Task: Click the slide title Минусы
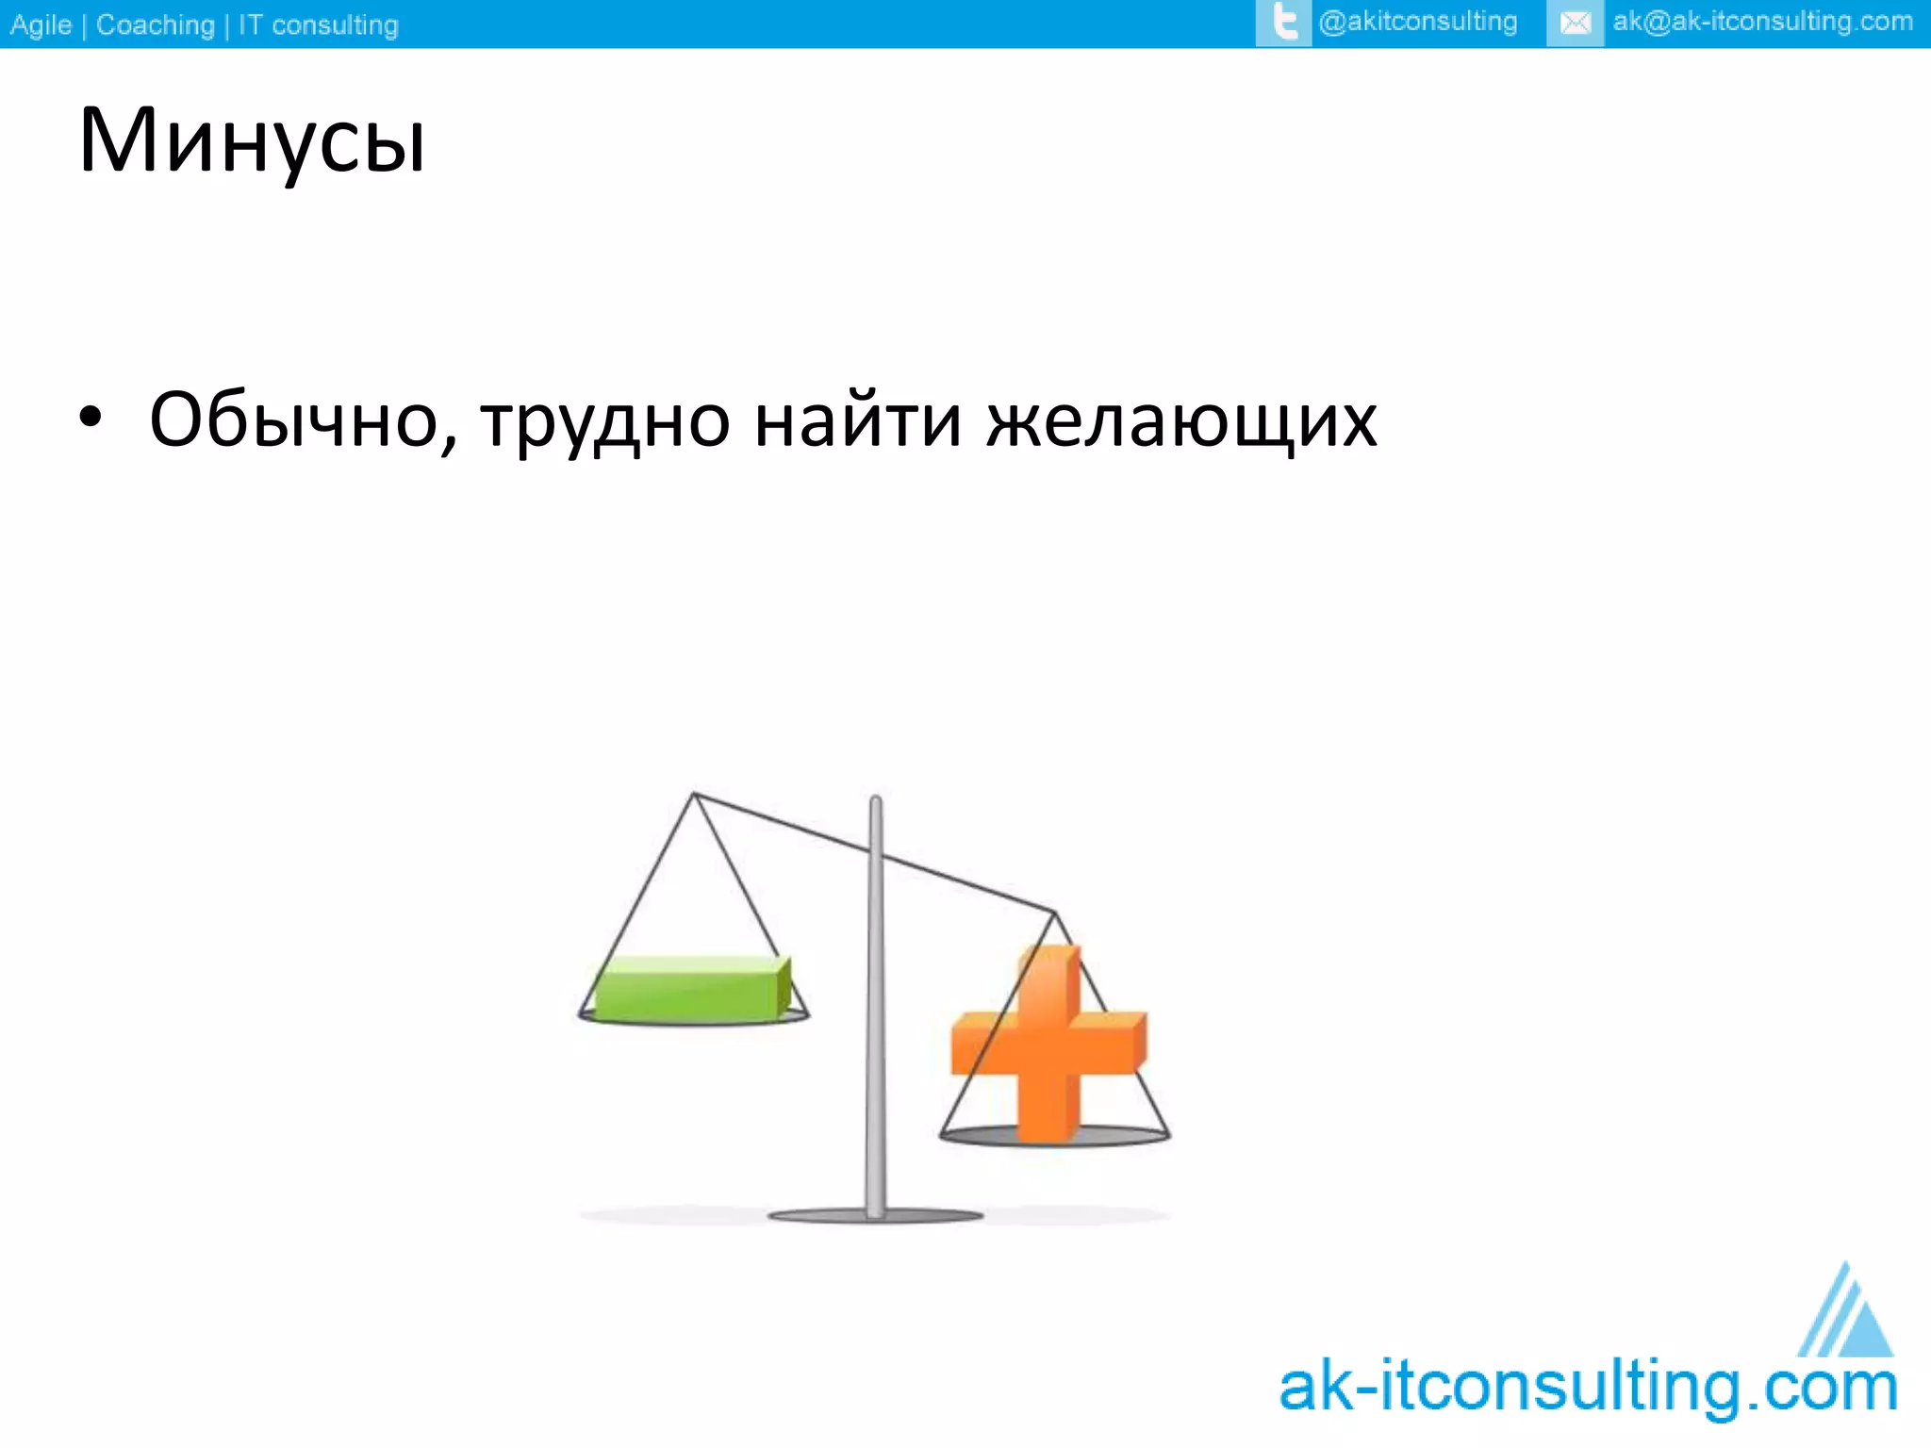click(x=252, y=141)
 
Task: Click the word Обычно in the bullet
click(x=302, y=420)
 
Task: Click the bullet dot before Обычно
click(x=90, y=418)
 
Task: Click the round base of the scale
click(x=875, y=1216)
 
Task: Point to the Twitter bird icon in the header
click(x=1283, y=23)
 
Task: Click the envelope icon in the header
click(x=1575, y=24)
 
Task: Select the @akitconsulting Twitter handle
click(x=1418, y=23)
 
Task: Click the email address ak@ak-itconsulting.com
click(x=1762, y=23)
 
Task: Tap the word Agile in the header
click(x=41, y=25)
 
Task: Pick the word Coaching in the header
click(x=156, y=25)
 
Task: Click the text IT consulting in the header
click(x=318, y=25)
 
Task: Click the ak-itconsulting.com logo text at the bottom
click(x=1587, y=1388)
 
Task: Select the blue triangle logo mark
click(x=1848, y=1315)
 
